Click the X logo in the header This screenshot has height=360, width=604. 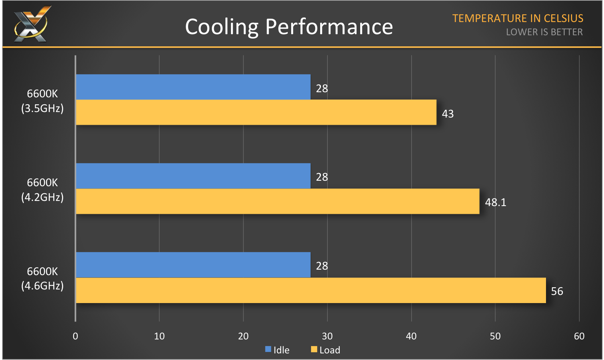[31, 24]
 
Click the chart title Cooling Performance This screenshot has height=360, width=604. [289, 27]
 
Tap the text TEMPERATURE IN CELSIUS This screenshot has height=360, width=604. [518, 18]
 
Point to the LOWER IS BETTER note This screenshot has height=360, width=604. [544, 32]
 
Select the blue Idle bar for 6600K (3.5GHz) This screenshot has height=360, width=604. [193, 87]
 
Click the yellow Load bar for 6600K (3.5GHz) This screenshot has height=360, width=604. [256, 112]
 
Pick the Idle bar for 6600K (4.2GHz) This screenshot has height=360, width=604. [193, 176]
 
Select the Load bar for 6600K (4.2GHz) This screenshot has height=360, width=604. [278, 201]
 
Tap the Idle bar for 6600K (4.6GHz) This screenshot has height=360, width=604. [193, 265]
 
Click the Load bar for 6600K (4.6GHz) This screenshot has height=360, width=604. [311, 290]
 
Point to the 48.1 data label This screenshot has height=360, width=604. [496, 202]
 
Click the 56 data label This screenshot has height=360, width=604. [557, 291]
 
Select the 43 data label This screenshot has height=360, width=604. [448, 114]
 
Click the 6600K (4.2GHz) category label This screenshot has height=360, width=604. [42, 190]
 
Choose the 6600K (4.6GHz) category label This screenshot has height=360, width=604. [42, 278]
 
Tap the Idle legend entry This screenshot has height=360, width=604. [278, 350]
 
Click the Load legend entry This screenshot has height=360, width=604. [326, 350]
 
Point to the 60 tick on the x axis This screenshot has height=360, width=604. [579, 336]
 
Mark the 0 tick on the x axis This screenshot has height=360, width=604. [75, 336]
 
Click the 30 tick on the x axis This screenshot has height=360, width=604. [327, 336]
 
